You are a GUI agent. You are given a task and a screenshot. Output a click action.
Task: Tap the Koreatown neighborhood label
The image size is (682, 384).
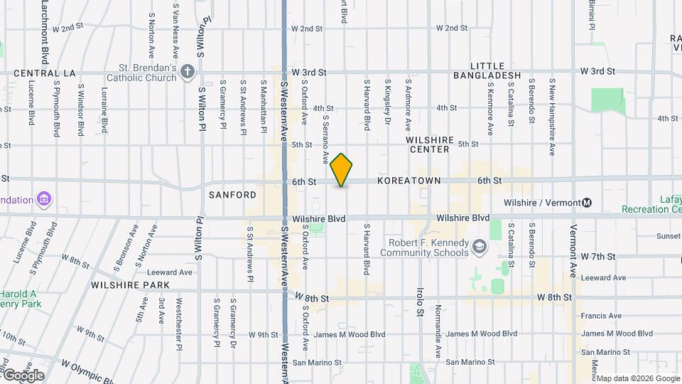408,181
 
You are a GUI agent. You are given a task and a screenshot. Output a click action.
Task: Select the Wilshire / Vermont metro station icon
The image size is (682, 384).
587,203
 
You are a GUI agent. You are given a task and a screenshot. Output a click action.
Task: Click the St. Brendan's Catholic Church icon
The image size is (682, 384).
188,71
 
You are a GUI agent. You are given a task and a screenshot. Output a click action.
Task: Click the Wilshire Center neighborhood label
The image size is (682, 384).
428,145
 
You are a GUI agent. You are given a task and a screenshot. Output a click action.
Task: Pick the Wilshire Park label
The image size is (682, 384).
130,285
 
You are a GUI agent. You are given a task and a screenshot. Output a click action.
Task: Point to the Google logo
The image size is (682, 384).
23,375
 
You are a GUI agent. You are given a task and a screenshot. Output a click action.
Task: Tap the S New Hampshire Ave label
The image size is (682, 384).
552,117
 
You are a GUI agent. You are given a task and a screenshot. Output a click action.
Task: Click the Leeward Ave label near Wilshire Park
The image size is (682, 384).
170,272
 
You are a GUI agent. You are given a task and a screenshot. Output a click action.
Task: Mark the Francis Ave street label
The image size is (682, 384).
600,316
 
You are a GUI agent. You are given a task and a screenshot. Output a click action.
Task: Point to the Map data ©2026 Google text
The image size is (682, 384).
637,378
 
